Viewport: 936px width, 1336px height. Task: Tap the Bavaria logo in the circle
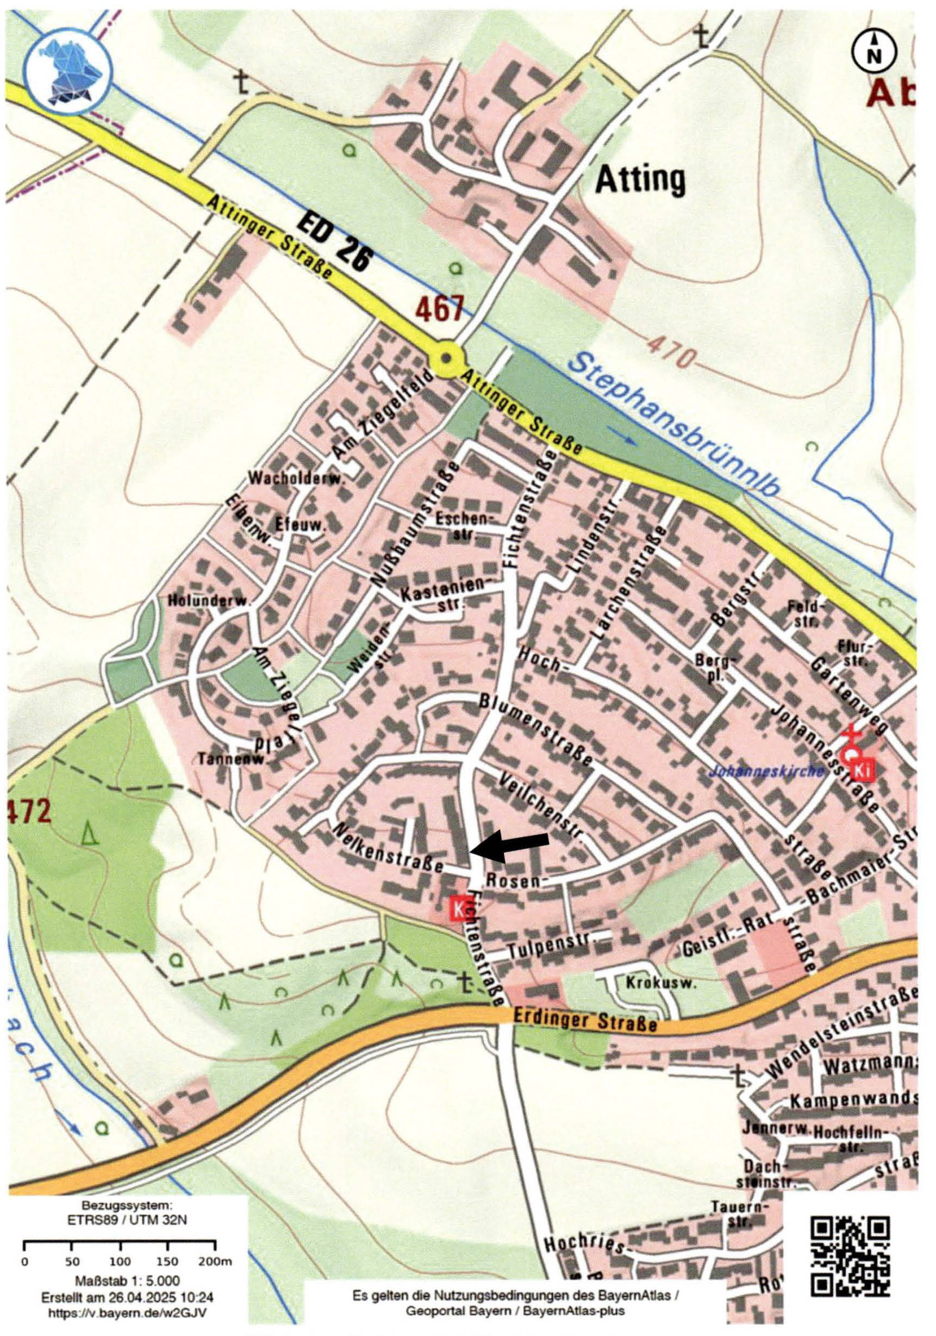pos(67,69)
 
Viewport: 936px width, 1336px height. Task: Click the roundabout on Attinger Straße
pos(446,358)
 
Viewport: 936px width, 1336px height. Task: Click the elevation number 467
pos(440,309)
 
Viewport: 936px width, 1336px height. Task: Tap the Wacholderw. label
pos(297,479)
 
